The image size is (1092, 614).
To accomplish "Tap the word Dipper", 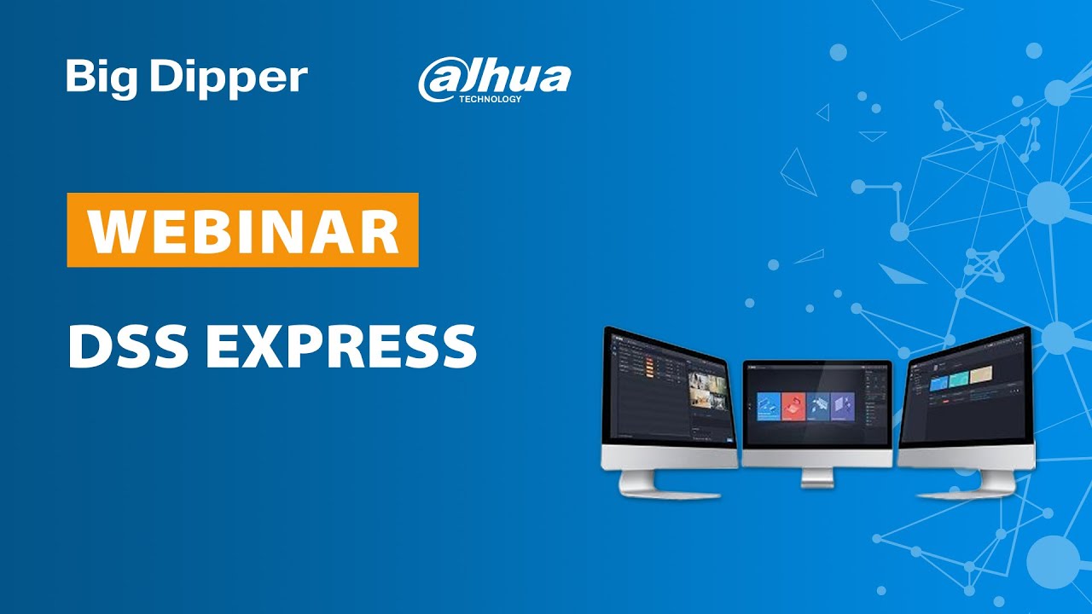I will pyautogui.click(x=229, y=78).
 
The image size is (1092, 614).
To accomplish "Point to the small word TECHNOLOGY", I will pyautogui.click(x=490, y=99).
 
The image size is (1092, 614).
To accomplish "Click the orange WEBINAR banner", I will pyautogui.click(x=242, y=230).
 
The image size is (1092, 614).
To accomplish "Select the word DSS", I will pyautogui.click(x=128, y=346).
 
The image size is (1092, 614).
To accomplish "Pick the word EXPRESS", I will pyautogui.click(x=341, y=346).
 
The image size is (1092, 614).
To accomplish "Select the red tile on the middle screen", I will pyautogui.click(x=793, y=406).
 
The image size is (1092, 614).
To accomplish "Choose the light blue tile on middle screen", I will pyautogui.click(x=769, y=406).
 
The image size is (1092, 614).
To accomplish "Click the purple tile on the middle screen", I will pyautogui.click(x=843, y=406).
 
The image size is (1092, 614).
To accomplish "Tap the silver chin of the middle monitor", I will pyautogui.click(x=816, y=457).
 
